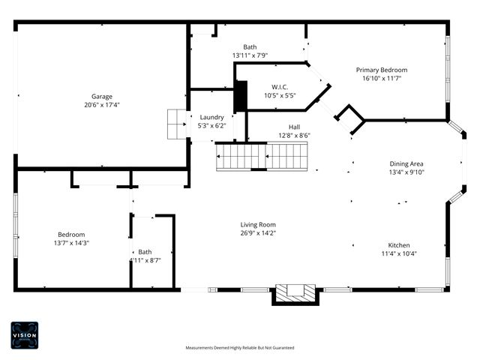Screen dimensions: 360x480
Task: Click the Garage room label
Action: (x=102, y=96)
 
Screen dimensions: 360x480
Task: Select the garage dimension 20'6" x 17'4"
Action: (x=102, y=105)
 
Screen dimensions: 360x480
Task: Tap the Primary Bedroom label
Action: (x=382, y=70)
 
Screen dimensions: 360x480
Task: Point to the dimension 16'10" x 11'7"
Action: (x=382, y=78)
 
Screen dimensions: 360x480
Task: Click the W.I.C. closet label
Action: (x=280, y=87)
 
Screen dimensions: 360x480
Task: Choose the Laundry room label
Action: (x=211, y=117)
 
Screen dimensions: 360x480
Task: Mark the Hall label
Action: (x=294, y=127)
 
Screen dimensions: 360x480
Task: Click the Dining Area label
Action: (x=406, y=163)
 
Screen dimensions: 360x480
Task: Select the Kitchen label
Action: (x=398, y=245)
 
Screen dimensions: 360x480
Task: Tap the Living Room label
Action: (x=258, y=224)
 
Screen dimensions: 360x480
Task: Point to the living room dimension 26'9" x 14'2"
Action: (x=258, y=233)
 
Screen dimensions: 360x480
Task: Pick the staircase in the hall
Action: (x=262, y=157)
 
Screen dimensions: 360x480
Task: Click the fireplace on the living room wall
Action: (x=295, y=293)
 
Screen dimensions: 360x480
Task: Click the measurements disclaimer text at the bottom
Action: (x=240, y=348)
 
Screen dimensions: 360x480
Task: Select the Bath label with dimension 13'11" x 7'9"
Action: (x=250, y=46)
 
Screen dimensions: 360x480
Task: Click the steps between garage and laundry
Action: (x=176, y=124)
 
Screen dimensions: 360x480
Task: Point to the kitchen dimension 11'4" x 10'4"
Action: (x=398, y=253)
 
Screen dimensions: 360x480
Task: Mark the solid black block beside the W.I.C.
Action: (x=241, y=96)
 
